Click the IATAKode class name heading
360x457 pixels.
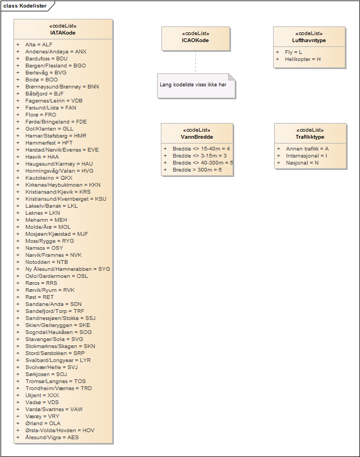click(63, 33)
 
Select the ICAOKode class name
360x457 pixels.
click(195, 40)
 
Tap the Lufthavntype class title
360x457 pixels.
click(309, 40)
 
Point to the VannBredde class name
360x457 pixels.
click(197, 137)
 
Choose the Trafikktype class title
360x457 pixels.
click(310, 137)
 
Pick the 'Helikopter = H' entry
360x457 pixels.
click(303, 59)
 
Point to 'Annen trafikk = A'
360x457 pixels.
click(307, 148)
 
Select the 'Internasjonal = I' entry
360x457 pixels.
click(306, 155)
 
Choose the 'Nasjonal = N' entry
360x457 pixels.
click(302, 162)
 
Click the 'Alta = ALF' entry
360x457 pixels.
click(39, 44)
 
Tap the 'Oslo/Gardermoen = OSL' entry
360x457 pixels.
click(56, 276)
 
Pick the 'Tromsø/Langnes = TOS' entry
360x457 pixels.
click(55, 381)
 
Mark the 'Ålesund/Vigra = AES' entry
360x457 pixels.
click(52, 437)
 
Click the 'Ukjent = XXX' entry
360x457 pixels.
click(42, 395)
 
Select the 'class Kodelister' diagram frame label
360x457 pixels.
click(25, 6)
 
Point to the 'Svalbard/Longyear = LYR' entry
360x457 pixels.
click(58, 360)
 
